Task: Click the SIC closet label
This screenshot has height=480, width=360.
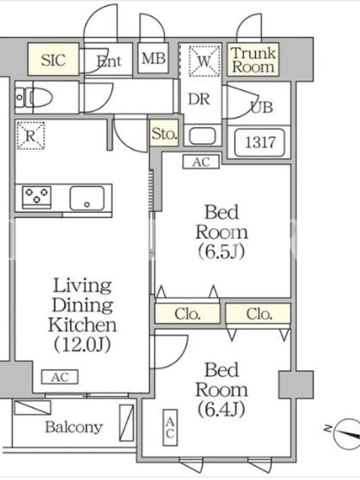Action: click(x=53, y=60)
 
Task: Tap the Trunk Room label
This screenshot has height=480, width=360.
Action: click(x=253, y=60)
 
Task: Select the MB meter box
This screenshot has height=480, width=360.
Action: click(x=153, y=58)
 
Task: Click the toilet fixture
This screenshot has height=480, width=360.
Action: click(x=34, y=98)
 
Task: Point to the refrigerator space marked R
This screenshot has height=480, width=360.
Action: click(x=31, y=136)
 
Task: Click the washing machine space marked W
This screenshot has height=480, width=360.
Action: click(x=204, y=61)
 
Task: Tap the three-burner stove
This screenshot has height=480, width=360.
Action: click(x=37, y=197)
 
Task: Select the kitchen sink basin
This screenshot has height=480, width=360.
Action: click(x=87, y=198)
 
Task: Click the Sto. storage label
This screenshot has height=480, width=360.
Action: click(x=164, y=133)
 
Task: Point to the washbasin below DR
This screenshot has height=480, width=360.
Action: click(x=202, y=136)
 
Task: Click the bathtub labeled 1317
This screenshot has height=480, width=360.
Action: click(x=260, y=142)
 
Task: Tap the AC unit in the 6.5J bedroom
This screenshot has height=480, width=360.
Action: click(x=201, y=162)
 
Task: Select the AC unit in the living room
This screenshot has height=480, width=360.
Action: click(x=59, y=377)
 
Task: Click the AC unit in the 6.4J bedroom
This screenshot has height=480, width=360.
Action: click(x=170, y=427)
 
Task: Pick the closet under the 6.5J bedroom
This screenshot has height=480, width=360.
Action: click(x=187, y=313)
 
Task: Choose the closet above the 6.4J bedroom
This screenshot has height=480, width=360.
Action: click(x=258, y=313)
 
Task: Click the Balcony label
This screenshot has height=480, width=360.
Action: click(x=74, y=427)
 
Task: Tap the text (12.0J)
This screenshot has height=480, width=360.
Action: click(x=82, y=344)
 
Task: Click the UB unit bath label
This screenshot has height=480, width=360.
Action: click(x=262, y=107)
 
